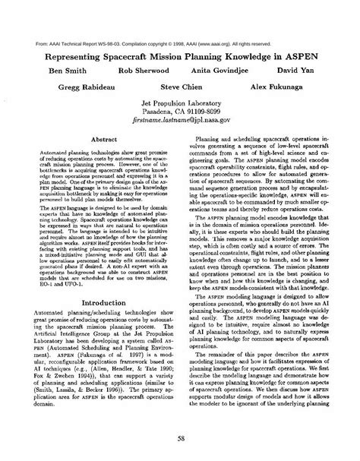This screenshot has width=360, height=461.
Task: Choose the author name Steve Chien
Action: click(x=181, y=87)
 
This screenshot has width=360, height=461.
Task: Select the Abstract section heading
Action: click(x=101, y=140)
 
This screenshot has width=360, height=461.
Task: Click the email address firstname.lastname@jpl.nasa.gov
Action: click(x=180, y=120)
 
